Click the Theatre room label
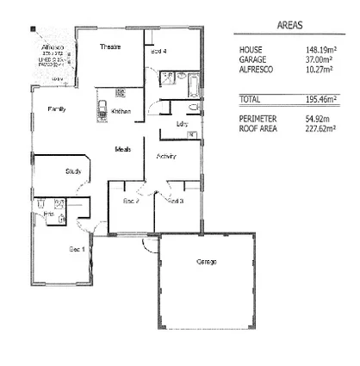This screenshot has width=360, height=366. click(x=109, y=47)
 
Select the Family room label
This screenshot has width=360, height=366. click(x=57, y=109)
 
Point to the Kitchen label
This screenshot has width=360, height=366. click(x=121, y=112)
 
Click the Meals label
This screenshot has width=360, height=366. click(x=123, y=150)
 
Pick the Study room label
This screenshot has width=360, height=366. click(x=73, y=171)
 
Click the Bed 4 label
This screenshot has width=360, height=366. click(x=158, y=52)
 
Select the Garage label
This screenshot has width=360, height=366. click(x=206, y=261)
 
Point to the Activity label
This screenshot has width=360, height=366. click(x=166, y=157)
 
